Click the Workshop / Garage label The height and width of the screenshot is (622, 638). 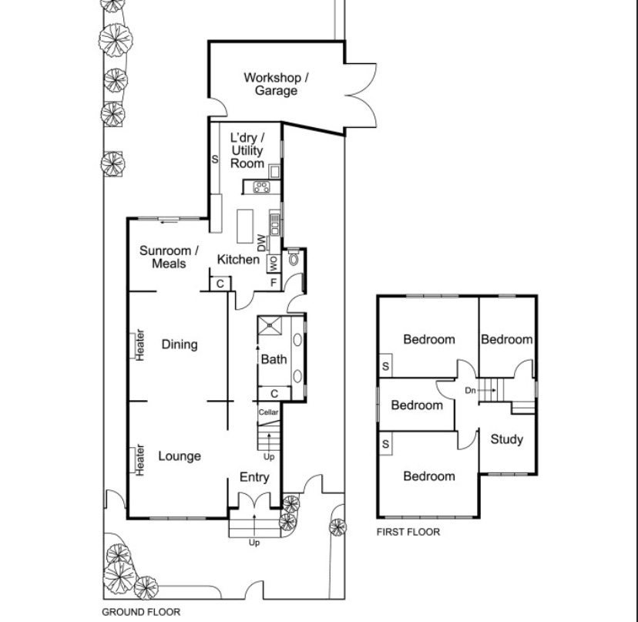pos(276,84)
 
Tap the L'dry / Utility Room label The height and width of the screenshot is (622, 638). pos(247,150)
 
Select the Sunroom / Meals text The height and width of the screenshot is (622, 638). pos(169,257)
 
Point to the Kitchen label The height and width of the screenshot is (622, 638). pos(238,259)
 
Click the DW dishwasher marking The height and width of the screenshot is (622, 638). pos(262,243)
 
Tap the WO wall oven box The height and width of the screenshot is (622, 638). pos(274,264)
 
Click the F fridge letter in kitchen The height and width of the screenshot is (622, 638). pos(274,282)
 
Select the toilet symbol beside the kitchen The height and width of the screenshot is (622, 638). pos(294,257)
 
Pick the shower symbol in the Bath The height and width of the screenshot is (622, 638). pos(270,326)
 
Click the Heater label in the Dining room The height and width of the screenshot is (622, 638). pos(139,345)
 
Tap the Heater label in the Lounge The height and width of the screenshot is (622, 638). pos(139,460)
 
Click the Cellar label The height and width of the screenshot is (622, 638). pos(269,412)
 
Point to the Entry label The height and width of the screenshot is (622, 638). pos(254,477)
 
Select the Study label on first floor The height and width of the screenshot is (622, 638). pos(506,439)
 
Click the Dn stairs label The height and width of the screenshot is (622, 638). pos(470,390)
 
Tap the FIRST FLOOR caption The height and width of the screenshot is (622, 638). pos(408,532)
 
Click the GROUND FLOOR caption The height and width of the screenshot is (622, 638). pos(141,612)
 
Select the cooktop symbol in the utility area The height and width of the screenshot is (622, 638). pos(261,187)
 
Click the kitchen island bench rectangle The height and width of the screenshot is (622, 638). pos(245,227)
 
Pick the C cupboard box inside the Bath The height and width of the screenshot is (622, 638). pos(274,394)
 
